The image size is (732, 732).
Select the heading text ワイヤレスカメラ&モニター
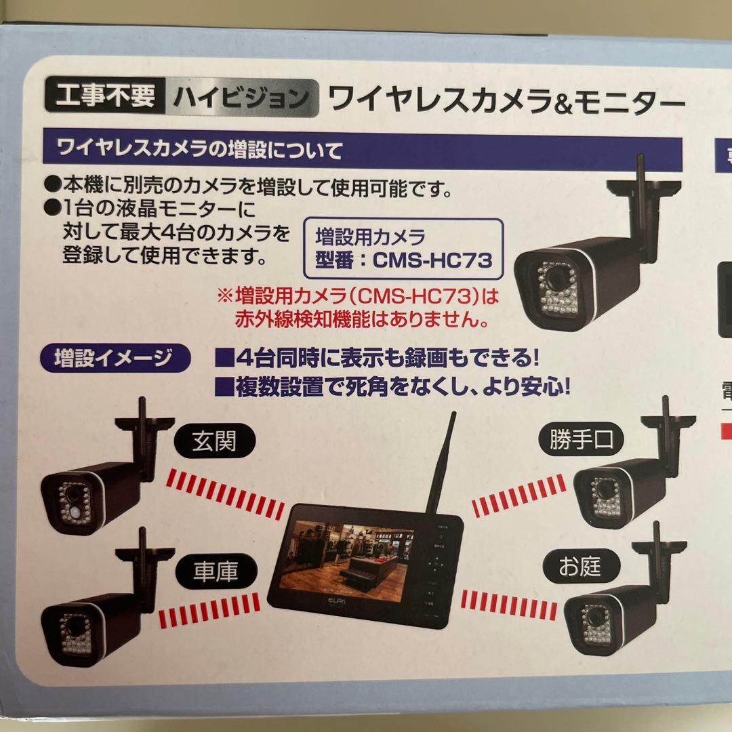[x=504, y=102]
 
